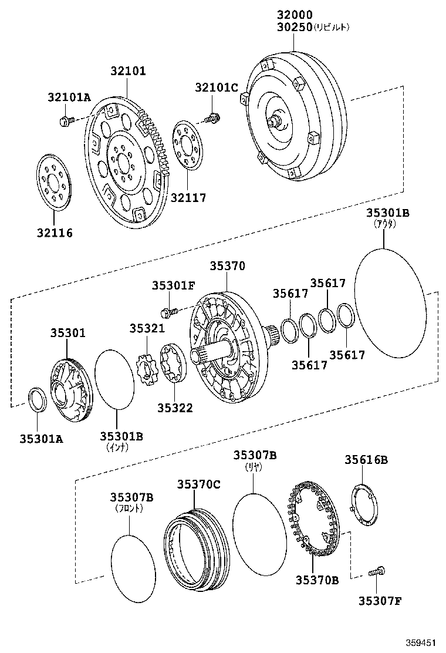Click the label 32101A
69,97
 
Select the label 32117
188,198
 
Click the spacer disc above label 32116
53,181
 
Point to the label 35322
175,407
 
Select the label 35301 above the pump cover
67,333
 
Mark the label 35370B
317,580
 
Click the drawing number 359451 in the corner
423,642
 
